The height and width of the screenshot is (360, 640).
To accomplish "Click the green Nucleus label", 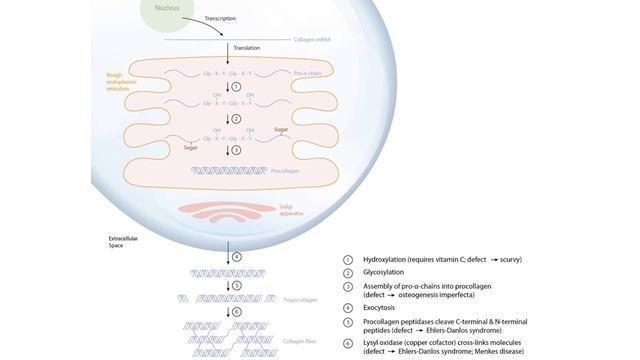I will click(x=168, y=9).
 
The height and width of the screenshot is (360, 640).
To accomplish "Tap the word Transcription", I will click(x=222, y=18).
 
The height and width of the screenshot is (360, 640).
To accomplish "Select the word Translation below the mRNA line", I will click(x=246, y=48).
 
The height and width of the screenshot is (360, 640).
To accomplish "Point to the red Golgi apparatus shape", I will click(x=229, y=213).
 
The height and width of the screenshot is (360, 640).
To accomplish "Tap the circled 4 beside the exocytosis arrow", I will click(x=237, y=257).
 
